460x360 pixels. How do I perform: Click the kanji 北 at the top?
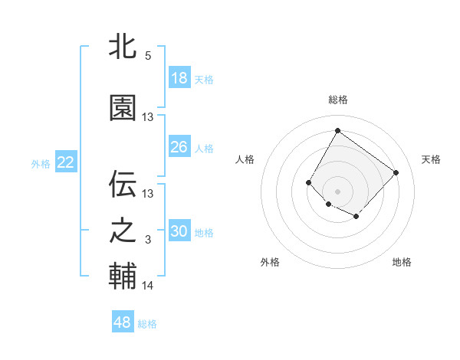123,46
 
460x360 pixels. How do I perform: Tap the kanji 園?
123,107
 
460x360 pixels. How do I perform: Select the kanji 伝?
123,185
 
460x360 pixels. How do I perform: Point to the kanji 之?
123,231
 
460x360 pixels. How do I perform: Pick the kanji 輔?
123,276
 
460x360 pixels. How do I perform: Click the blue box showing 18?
179,78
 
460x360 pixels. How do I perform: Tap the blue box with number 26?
179,147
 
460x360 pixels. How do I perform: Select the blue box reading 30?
179,232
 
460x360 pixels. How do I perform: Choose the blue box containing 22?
66,162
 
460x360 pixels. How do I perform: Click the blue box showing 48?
123,322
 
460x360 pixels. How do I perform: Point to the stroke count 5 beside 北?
148,56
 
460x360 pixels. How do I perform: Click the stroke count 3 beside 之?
148,241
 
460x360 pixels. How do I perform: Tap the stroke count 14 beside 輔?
148,286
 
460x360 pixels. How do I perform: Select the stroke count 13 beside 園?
148,117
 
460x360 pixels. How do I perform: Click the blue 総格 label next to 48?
147,324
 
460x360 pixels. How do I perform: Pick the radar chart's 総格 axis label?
337,100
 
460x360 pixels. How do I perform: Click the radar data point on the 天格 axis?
396,172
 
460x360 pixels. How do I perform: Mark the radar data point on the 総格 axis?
337,130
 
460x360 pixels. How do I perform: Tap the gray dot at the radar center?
337,191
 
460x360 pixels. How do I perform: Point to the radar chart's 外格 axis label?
270,262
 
